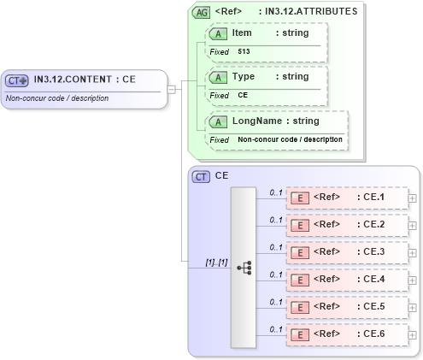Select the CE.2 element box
[x=347, y=225]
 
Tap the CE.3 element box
[x=347, y=252]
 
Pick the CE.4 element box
[x=347, y=279]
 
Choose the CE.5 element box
[x=347, y=306]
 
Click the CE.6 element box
[x=347, y=333]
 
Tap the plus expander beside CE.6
[x=413, y=333]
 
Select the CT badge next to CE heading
[x=202, y=176]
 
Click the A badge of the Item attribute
[x=218, y=32]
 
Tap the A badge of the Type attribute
[x=218, y=77]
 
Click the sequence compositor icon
[x=244, y=267]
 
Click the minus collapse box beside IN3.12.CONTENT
[x=172, y=88]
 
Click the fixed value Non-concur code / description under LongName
[x=290, y=139]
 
